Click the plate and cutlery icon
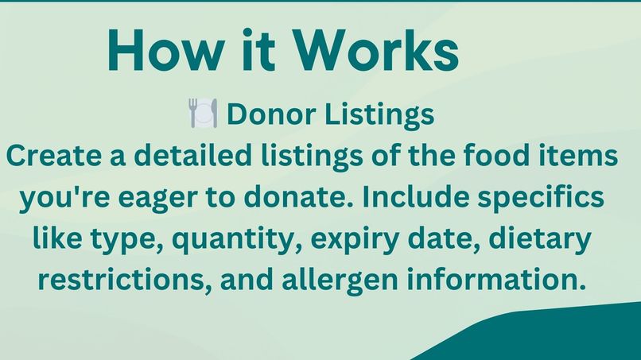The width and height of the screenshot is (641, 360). point(203,114)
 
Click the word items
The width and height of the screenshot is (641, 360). point(584,156)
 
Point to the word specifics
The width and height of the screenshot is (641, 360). point(547,197)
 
